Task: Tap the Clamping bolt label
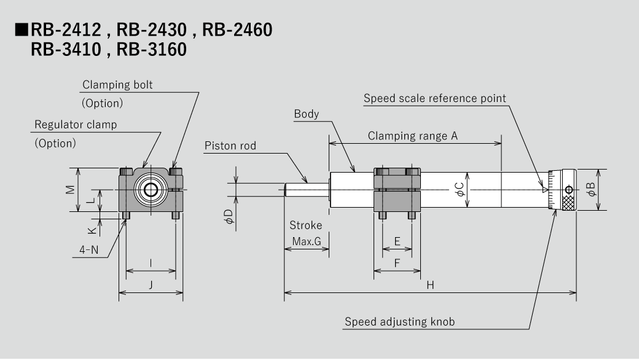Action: [117, 85]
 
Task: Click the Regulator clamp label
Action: [76, 125]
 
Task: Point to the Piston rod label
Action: [230, 146]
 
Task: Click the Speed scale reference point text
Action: [434, 98]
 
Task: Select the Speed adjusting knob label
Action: [399, 321]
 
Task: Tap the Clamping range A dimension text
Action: [412, 136]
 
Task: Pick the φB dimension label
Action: [591, 190]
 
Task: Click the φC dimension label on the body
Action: [460, 190]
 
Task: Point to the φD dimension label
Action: [228, 217]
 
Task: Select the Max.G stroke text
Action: [306, 242]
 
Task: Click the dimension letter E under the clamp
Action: [397, 242]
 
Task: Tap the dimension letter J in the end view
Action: [151, 284]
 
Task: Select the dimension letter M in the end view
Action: [71, 189]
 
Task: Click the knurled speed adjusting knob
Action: [568, 190]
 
